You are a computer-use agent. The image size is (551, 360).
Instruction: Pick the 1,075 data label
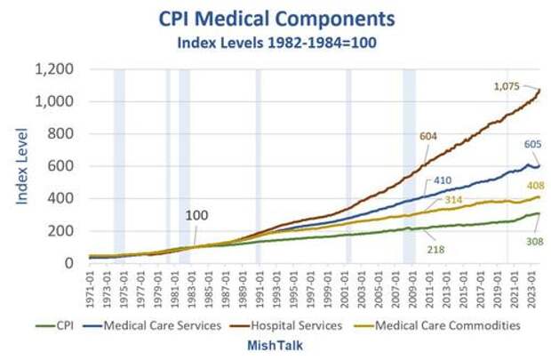[x=507, y=86]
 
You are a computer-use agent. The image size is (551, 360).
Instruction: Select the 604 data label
[x=431, y=137]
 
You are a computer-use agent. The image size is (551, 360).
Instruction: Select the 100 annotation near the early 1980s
[x=197, y=216]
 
